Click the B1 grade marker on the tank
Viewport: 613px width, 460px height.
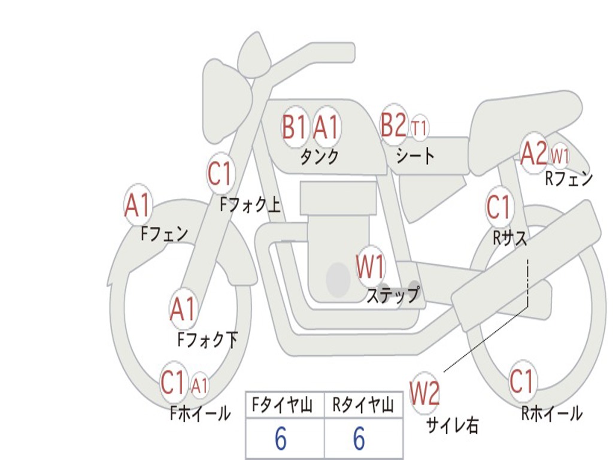294,127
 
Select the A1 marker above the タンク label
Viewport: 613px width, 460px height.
326,127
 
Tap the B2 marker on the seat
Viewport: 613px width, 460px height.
394,125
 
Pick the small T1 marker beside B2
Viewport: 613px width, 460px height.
420,128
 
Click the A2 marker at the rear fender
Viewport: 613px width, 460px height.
533,153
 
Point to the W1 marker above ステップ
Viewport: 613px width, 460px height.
371,267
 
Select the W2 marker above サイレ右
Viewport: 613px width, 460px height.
424,394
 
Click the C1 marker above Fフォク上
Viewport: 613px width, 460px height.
220,174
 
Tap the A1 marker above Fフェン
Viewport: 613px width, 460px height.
138,205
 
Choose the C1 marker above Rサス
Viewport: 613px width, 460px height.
498,207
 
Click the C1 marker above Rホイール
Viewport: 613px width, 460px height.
521,381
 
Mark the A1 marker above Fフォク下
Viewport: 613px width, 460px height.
183,309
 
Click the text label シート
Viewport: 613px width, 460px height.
415,156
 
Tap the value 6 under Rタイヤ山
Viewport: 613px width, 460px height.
359,439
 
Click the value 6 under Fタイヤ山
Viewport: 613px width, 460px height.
281,439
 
